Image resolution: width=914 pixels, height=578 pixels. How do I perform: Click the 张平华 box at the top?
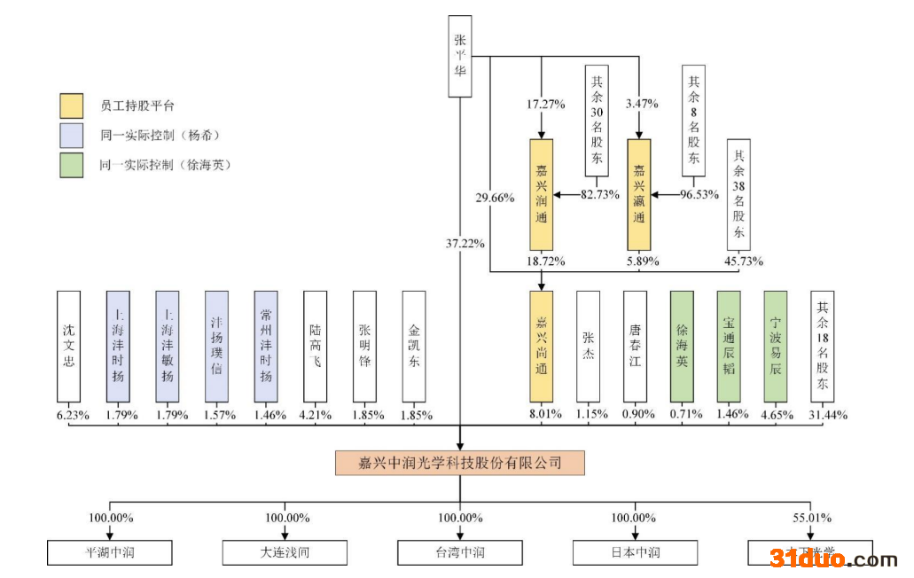tap(459, 55)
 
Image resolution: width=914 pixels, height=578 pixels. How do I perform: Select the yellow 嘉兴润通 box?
tap(542, 194)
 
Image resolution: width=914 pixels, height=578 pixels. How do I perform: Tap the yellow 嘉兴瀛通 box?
tap(638, 194)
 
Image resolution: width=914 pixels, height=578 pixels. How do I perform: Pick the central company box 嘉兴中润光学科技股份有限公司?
tap(460, 463)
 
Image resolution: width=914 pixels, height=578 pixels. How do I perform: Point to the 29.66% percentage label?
tap(495, 198)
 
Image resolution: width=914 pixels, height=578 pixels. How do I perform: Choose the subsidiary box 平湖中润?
tap(109, 552)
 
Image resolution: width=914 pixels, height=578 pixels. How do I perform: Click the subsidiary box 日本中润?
tap(634, 552)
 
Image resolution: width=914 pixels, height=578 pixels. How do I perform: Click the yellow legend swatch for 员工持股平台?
tap(72, 105)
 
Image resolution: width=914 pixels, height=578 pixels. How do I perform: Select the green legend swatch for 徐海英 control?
tap(72, 165)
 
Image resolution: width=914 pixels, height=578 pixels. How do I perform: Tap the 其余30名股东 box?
tap(597, 121)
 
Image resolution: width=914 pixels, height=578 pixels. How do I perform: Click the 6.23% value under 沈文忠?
tap(73, 415)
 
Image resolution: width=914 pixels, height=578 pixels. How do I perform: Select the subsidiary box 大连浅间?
tap(285, 552)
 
